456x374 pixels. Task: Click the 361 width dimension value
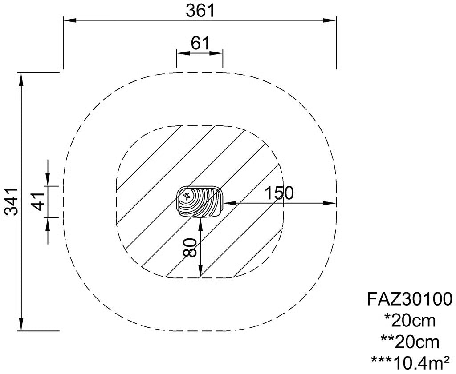coord(200,11)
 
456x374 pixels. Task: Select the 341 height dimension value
coord(12,201)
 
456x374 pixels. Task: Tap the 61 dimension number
coord(200,44)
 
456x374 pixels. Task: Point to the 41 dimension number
coord(38,201)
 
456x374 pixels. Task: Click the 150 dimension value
coord(280,193)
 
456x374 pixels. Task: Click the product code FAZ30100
coord(410,299)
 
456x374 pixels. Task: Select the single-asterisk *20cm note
coord(410,321)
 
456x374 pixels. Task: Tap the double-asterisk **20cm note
coord(410,342)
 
